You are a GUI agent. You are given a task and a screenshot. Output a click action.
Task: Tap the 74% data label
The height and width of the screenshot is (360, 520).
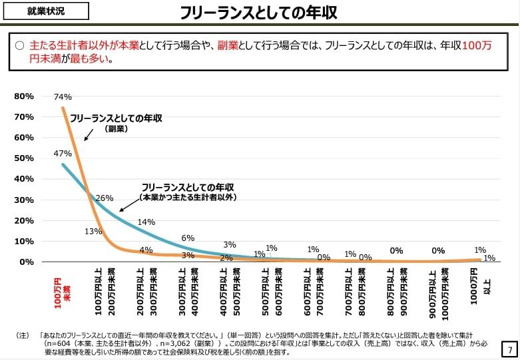63,96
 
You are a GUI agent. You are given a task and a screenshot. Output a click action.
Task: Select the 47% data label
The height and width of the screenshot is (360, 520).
63,154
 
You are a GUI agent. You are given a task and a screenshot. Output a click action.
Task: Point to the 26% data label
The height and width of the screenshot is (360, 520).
105,198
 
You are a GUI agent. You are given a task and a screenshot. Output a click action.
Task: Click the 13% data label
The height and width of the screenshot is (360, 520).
93,232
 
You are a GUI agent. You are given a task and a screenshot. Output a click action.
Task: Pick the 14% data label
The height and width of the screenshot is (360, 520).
146,222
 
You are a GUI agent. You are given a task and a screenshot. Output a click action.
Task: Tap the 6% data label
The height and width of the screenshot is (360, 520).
188,238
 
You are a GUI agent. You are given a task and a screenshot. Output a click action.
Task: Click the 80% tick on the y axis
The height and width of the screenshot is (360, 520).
24,96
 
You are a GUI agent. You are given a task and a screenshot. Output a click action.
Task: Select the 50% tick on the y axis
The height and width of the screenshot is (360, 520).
24,158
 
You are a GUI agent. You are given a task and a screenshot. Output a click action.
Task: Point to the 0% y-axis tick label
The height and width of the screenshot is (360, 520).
26,262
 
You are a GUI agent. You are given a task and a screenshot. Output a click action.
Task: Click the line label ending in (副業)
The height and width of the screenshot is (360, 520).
117,122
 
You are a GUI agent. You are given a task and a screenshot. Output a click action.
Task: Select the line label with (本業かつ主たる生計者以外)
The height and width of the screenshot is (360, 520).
188,192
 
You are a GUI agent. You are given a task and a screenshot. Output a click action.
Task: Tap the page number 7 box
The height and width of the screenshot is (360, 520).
509,349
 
